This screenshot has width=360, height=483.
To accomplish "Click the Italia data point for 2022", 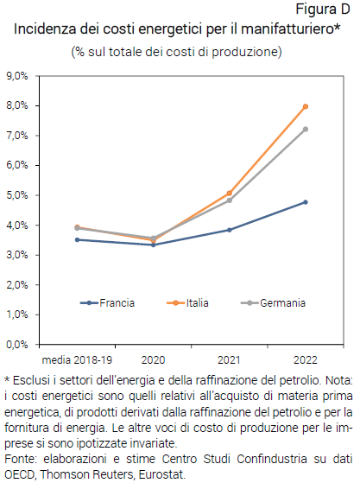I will pyautogui.click(x=306, y=106).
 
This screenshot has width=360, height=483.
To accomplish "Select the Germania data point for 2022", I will pyautogui.click(x=306, y=129).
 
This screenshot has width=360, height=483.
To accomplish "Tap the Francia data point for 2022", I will pyautogui.click(x=306, y=202).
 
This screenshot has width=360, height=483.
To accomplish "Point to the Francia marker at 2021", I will pyautogui.click(x=230, y=230).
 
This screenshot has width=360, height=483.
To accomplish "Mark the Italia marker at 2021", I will pyautogui.click(x=230, y=193).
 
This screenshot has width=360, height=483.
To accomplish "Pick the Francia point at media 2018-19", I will pyautogui.click(x=77, y=239).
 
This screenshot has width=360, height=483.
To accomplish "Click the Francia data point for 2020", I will pyautogui.click(x=153, y=245).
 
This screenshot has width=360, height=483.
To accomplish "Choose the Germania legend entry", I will pyautogui.click(x=278, y=302).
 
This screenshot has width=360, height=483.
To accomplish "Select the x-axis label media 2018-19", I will pyautogui.click(x=77, y=357).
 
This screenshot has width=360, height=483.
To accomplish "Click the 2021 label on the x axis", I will pyautogui.click(x=230, y=357).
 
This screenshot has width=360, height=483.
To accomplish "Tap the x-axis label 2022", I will pyautogui.click(x=306, y=357).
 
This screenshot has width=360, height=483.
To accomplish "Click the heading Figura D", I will pyautogui.click(x=324, y=10).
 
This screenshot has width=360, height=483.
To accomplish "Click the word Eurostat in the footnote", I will pyautogui.click(x=160, y=474).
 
